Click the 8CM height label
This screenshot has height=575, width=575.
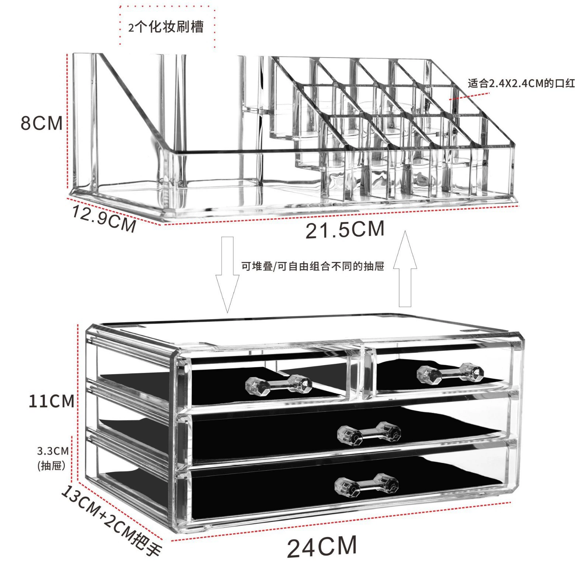(42, 123)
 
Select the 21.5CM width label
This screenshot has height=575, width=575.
(345, 229)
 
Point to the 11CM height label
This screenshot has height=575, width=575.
(52, 401)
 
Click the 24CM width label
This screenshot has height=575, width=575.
(322, 547)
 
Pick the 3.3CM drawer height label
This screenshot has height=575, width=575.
(53, 458)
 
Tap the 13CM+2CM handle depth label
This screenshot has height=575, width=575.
(111, 520)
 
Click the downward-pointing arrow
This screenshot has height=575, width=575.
(227, 275)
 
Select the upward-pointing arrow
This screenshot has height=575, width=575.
(405, 269)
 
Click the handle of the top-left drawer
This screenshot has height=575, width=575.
(278, 384)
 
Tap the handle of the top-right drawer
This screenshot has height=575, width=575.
(450, 373)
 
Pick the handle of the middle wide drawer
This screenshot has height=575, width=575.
(369, 434)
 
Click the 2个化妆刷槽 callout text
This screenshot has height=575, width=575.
(166, 27)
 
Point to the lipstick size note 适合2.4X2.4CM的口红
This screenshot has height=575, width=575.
(521, 83)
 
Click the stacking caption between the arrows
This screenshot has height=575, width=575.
(313, 266)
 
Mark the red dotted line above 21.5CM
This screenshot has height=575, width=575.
(341, 215)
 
